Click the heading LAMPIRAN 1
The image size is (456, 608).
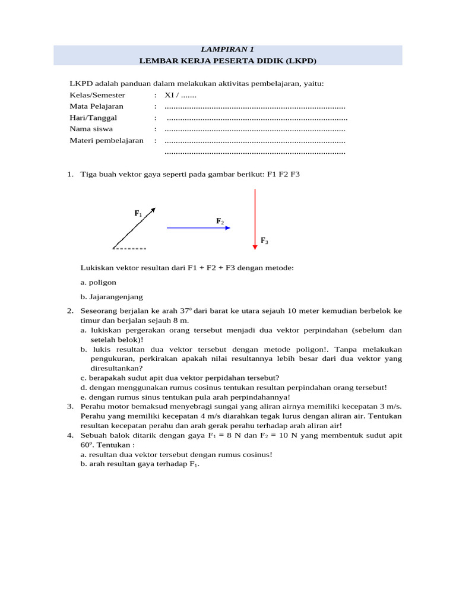click(228, 49)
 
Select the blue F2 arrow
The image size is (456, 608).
click(198, 227)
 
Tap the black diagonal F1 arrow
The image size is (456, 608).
click(134, 227)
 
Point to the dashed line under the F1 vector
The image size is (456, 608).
click(129, 248)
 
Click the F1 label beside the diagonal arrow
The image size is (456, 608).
click(138, 213)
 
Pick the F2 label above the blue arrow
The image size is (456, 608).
click(220, 221)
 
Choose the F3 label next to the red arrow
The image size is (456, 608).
click(264, 240)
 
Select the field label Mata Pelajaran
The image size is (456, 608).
click(96, 106)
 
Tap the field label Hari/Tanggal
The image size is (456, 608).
click(93, 118)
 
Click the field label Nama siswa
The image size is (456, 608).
click(91, 129)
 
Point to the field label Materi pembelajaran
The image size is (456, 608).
click(106, 141)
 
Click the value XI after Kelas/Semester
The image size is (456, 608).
click(169, 95)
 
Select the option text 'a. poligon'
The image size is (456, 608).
click(99, 283)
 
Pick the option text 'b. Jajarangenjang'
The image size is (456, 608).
click(112, 297)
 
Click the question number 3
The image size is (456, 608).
click(69, 406)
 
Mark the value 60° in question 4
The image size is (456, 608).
click(87, 444)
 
